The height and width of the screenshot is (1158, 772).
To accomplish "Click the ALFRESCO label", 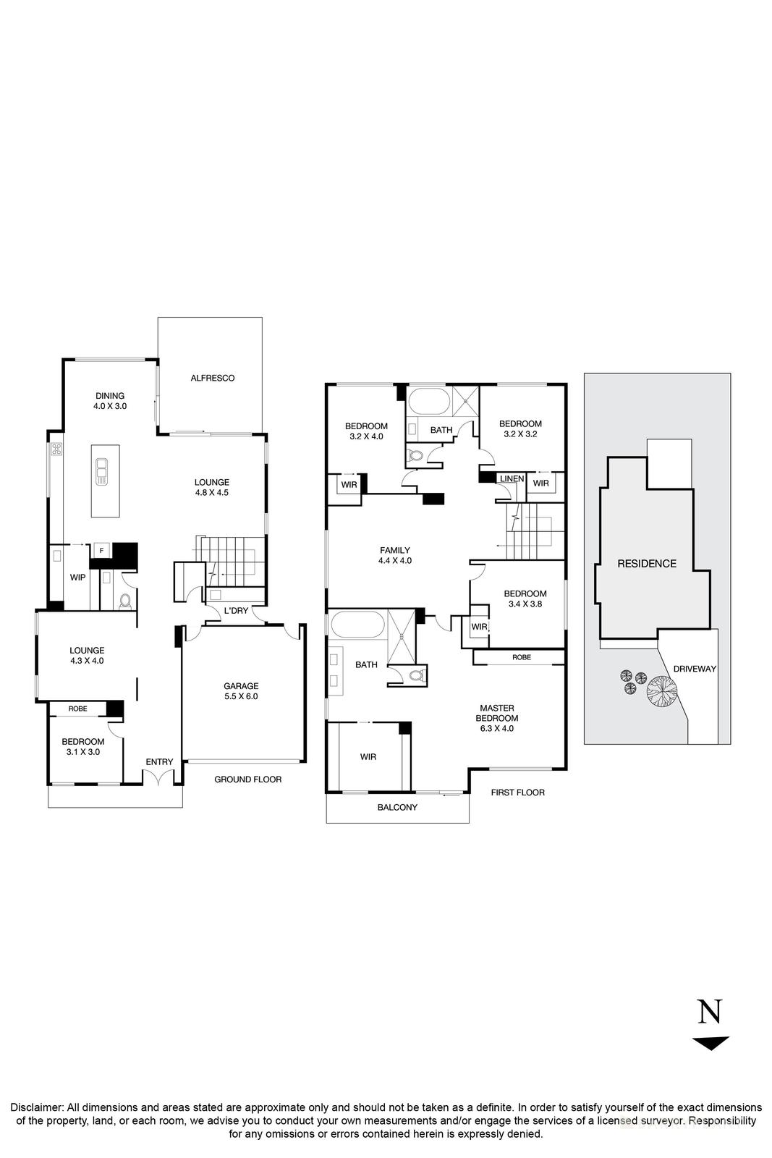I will (212, 378).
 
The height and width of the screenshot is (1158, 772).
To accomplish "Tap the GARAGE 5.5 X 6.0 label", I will (241, 691).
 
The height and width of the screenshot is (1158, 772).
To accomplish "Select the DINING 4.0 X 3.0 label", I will (110, 401).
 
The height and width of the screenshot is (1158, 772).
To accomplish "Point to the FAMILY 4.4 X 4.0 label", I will (394, 555).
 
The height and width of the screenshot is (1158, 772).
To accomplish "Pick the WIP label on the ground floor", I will (77, 578).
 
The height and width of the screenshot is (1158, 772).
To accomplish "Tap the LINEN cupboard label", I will (512, 479).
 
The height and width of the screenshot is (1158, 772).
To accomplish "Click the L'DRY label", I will (236, 611).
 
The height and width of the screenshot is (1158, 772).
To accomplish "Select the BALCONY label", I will (397, 807).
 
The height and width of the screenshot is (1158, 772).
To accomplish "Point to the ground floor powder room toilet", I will (125, 600).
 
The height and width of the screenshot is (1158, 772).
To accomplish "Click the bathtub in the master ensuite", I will (357, 625).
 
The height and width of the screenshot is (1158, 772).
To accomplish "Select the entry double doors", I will (159, 777).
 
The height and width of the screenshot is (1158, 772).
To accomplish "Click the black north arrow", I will (710, 1043).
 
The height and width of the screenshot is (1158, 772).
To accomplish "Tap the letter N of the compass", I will (709, 1011).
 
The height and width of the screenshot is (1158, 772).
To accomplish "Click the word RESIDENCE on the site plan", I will (646, 564).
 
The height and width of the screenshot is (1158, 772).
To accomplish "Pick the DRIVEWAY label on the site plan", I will (694, 669).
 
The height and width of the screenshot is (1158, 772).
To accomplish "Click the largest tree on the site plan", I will (661, 690).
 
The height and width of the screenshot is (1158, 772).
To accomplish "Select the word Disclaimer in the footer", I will (36, 1107).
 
